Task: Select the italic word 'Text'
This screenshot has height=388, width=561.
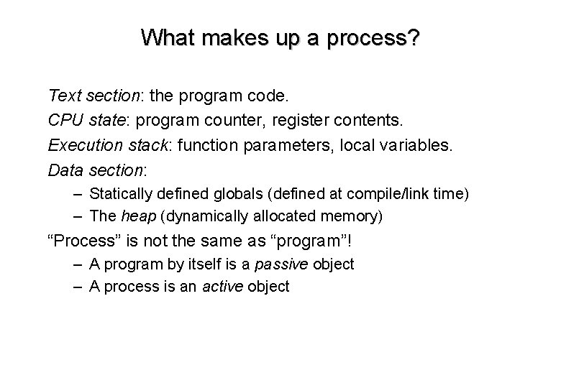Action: pos(63,95)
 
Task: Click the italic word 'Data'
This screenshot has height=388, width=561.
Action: pos(65,171)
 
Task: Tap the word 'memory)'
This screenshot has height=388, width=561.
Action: pos(353,216)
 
